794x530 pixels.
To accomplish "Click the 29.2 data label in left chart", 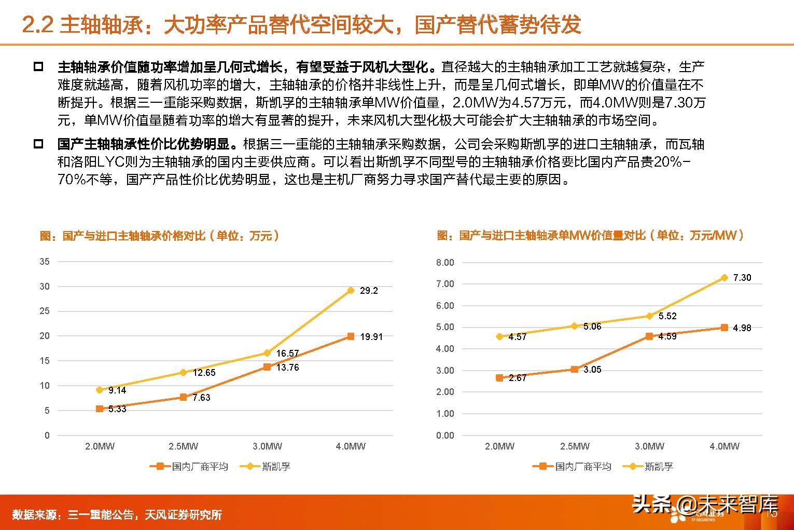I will (369, 291).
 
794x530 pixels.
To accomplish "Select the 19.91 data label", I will (371, 337).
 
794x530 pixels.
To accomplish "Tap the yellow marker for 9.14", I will (100, 390).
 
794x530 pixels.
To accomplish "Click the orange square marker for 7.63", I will (183, 397).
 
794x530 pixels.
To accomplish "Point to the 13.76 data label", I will (287, 368).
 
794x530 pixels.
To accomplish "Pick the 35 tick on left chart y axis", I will (45, 262).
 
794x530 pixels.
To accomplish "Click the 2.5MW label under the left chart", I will (183, 446).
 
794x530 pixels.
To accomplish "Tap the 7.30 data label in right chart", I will (742, 278).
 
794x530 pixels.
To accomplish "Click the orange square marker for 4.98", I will (724, 328).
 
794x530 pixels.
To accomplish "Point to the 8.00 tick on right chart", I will (445, 263).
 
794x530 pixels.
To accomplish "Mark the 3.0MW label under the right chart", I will (649, 446).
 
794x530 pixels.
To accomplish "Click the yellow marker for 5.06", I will (574, 326).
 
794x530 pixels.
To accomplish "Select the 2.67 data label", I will (517, 378).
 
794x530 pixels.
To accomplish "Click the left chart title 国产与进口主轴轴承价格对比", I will (160, 236).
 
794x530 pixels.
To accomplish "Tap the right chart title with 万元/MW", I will (591, 236).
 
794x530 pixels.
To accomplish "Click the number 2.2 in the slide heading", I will (37, 24).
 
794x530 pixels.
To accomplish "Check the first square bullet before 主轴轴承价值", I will (38, 67).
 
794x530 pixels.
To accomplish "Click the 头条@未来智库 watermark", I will (705, 504).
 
